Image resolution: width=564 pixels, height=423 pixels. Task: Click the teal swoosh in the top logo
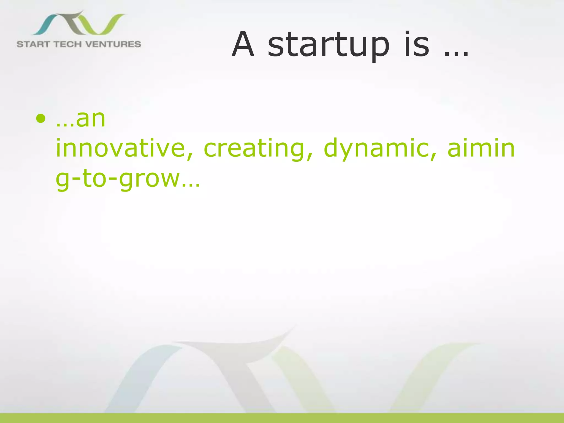(45, 25)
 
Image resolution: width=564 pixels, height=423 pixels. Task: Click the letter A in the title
(243, 45)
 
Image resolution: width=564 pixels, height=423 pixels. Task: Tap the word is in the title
(416, 45)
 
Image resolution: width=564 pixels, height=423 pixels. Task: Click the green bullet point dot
(40, 119)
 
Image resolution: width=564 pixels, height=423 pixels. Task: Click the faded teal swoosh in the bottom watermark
(143, 377)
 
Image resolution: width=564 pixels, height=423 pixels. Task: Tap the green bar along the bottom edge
(282, 418)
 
